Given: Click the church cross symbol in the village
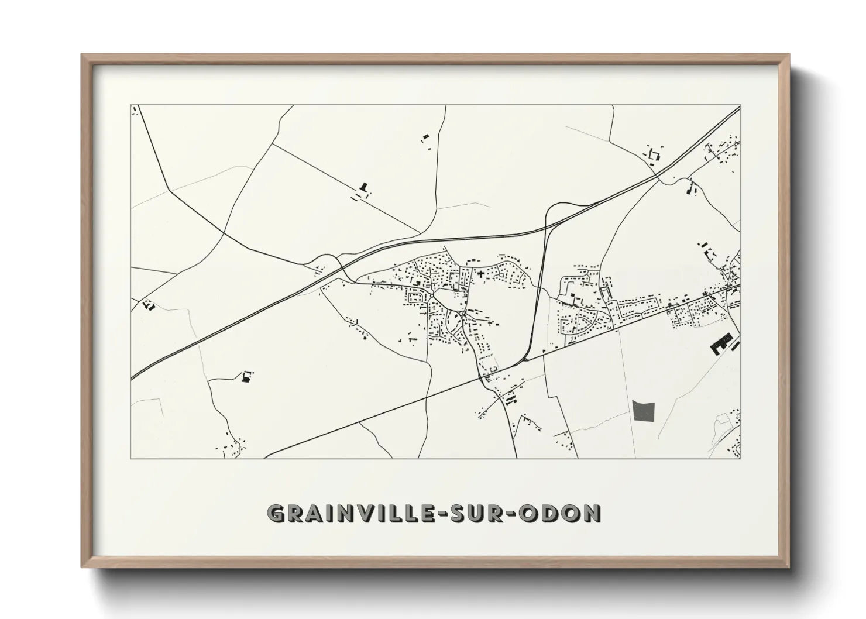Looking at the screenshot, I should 481,273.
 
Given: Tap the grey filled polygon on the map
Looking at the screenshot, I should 644,410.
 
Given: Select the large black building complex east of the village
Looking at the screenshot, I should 721,344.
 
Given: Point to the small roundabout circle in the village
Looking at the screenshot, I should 432,294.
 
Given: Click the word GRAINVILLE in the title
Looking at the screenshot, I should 349,513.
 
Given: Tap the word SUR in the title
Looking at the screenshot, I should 479,513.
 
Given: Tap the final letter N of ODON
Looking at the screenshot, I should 592,513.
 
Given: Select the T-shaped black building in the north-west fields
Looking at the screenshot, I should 365,188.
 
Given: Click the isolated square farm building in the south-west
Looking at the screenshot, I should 245,377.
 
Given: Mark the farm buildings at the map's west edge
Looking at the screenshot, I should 148,304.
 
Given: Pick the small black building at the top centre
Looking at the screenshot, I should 425,138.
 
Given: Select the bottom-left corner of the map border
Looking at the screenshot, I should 131,458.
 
